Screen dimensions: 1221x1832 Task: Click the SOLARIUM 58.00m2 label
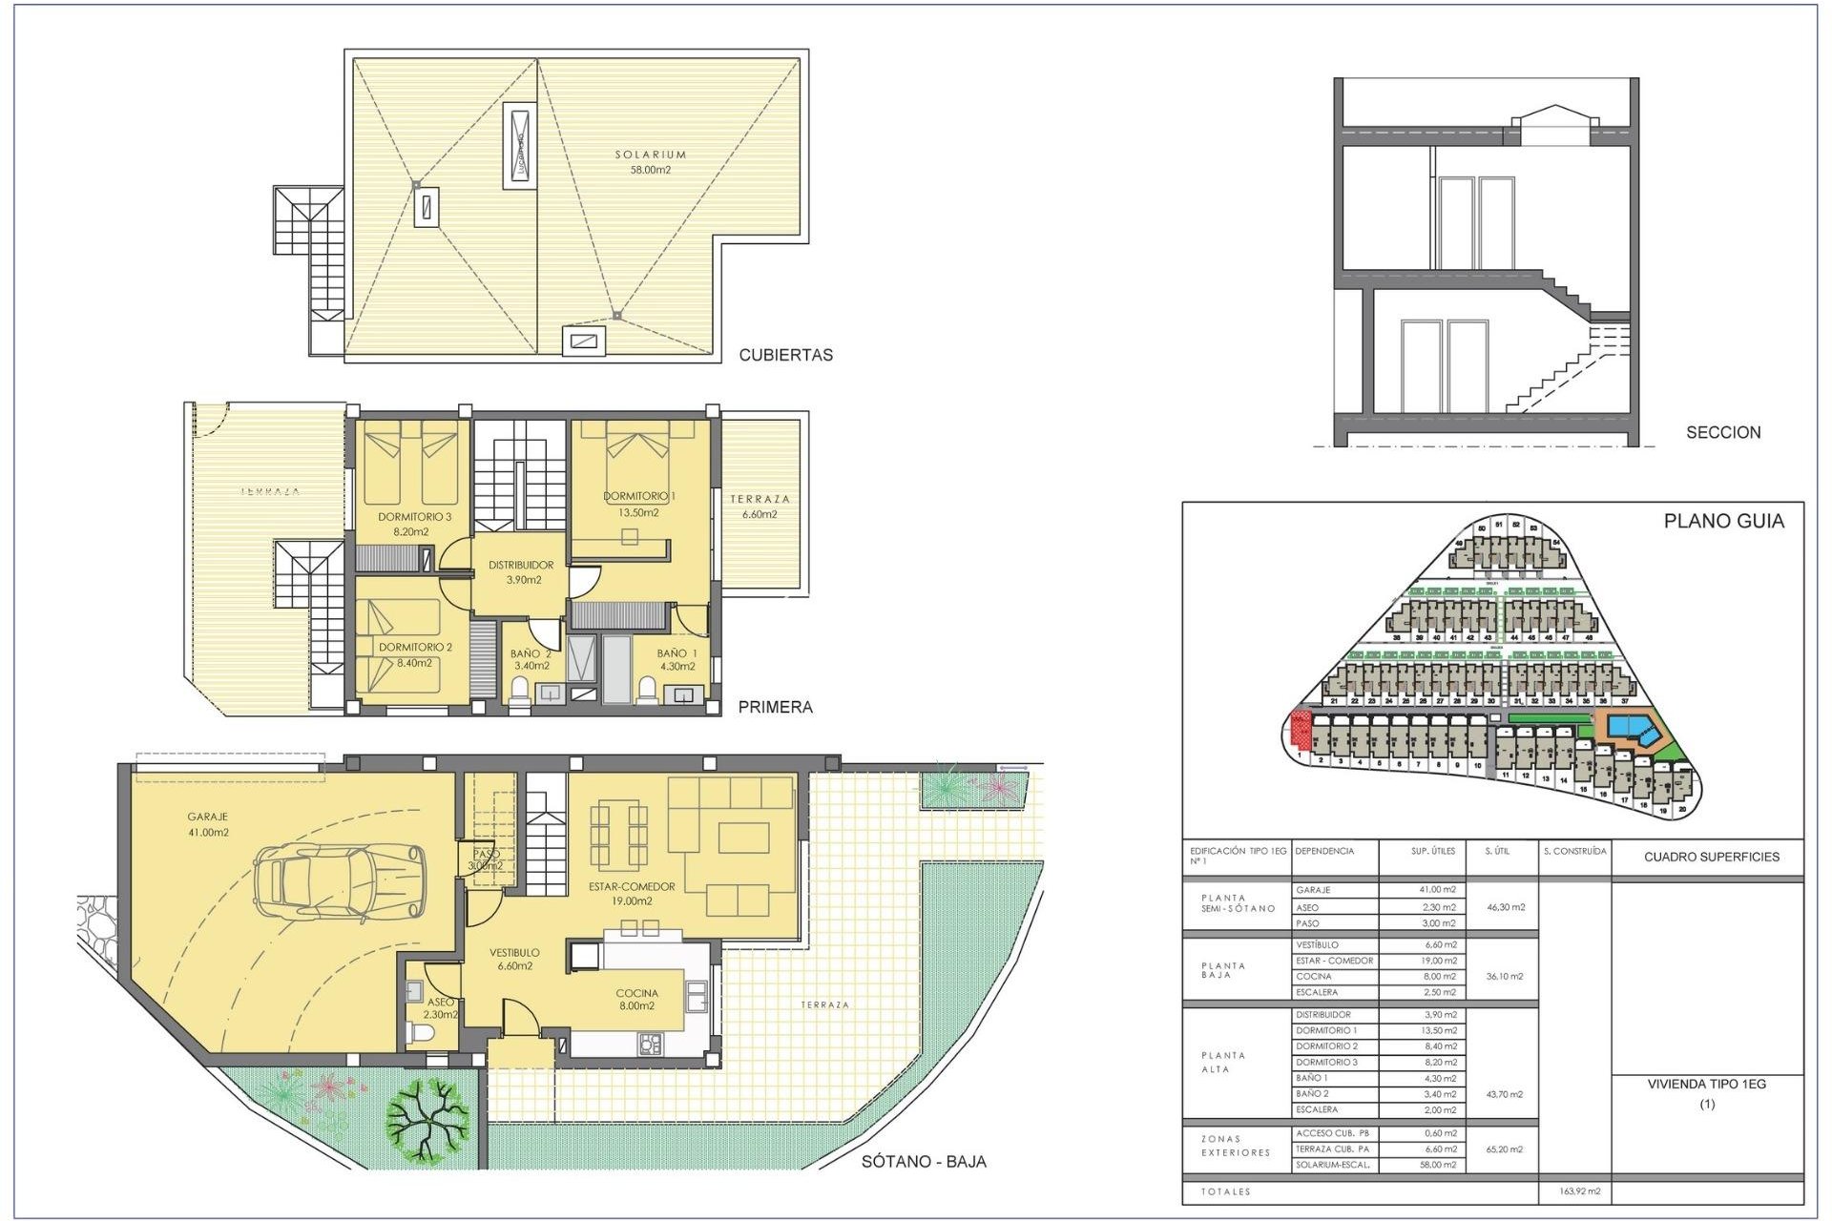(x=650, y=161)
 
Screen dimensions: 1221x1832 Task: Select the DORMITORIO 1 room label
(x=638, y=504)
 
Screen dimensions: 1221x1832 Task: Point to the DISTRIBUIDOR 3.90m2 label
(x=521, y=572)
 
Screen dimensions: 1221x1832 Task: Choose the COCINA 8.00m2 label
(x=636, y=999)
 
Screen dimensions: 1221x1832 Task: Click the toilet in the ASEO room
(x=421, y=1033)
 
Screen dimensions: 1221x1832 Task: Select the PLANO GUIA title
(x=1723, y=521)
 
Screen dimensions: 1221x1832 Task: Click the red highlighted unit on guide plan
(x=1300, y=730)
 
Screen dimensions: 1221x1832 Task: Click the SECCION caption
(x=1722, y=432)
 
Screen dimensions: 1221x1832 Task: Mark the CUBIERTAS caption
(x=785, y=355)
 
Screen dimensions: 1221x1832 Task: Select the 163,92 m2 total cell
(x=1580, y=1191)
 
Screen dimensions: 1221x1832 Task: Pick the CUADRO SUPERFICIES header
(x=1711, y=857)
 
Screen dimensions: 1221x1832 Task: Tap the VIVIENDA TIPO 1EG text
(x=1706, y=1084)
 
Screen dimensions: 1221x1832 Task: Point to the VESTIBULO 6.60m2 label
(x=514, y=959)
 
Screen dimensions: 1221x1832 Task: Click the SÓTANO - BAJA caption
(x=923, y=1161)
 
